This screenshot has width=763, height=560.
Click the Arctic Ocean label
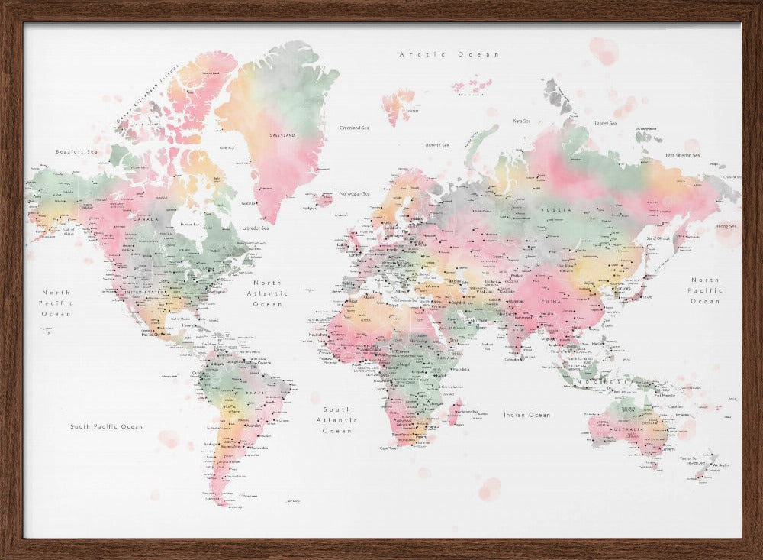coord(449,54)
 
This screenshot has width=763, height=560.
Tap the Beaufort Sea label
coord(77,152)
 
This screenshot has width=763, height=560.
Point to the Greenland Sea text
coord(354,128)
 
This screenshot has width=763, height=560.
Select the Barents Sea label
coord(436,145)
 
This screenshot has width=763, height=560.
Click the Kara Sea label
coord(522,121)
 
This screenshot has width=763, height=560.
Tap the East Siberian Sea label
coord(682,155)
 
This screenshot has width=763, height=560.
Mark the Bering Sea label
coord(726,226)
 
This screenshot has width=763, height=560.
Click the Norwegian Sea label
coord(355,193)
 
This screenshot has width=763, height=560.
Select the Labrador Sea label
coord(255,228)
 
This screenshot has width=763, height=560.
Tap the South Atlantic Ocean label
coord(336,420)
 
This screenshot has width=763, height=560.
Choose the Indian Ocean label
coord(526,415)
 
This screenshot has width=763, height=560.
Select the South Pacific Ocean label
coord(106,426)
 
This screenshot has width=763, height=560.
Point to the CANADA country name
coord(146,218)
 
